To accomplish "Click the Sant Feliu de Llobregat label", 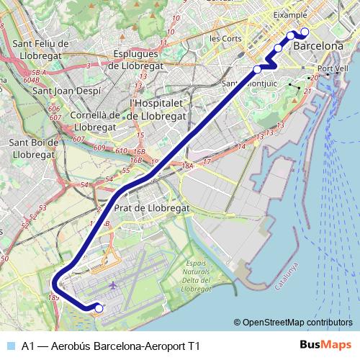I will [40, 49].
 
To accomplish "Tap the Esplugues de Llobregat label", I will [142, 58].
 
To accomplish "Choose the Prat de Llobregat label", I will [151, 207].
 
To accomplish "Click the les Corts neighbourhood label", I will [225, 37].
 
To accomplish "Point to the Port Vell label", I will [333, 69].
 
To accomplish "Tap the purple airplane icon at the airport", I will [114, 286].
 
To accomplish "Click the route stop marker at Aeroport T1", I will [99, 309].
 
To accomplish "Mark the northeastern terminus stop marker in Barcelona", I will [305, 32].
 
